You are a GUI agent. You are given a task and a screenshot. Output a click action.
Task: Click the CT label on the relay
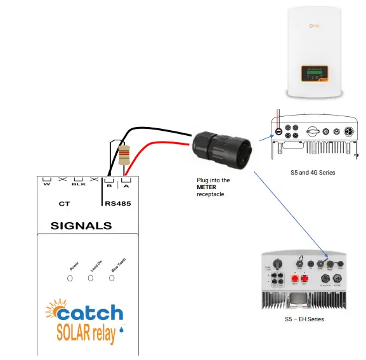tap(64, 204)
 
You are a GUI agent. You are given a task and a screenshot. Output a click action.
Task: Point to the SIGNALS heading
tap(81, 225)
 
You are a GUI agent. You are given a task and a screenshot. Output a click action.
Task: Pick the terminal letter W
tap(47, 185)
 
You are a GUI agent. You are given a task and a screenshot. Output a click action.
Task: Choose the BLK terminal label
tap(79, 185)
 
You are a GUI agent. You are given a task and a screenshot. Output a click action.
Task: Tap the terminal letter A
tap(126, 185)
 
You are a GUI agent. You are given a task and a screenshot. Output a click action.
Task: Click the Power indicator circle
tap(70, 279)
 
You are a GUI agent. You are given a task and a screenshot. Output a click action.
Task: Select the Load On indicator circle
tap(91, 279)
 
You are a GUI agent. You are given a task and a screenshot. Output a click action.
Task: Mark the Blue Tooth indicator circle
tap(112, 279)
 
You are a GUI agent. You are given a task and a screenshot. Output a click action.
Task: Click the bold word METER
tap(207, 187)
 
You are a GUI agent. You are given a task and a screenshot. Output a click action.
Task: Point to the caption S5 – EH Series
tap(304, 319)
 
